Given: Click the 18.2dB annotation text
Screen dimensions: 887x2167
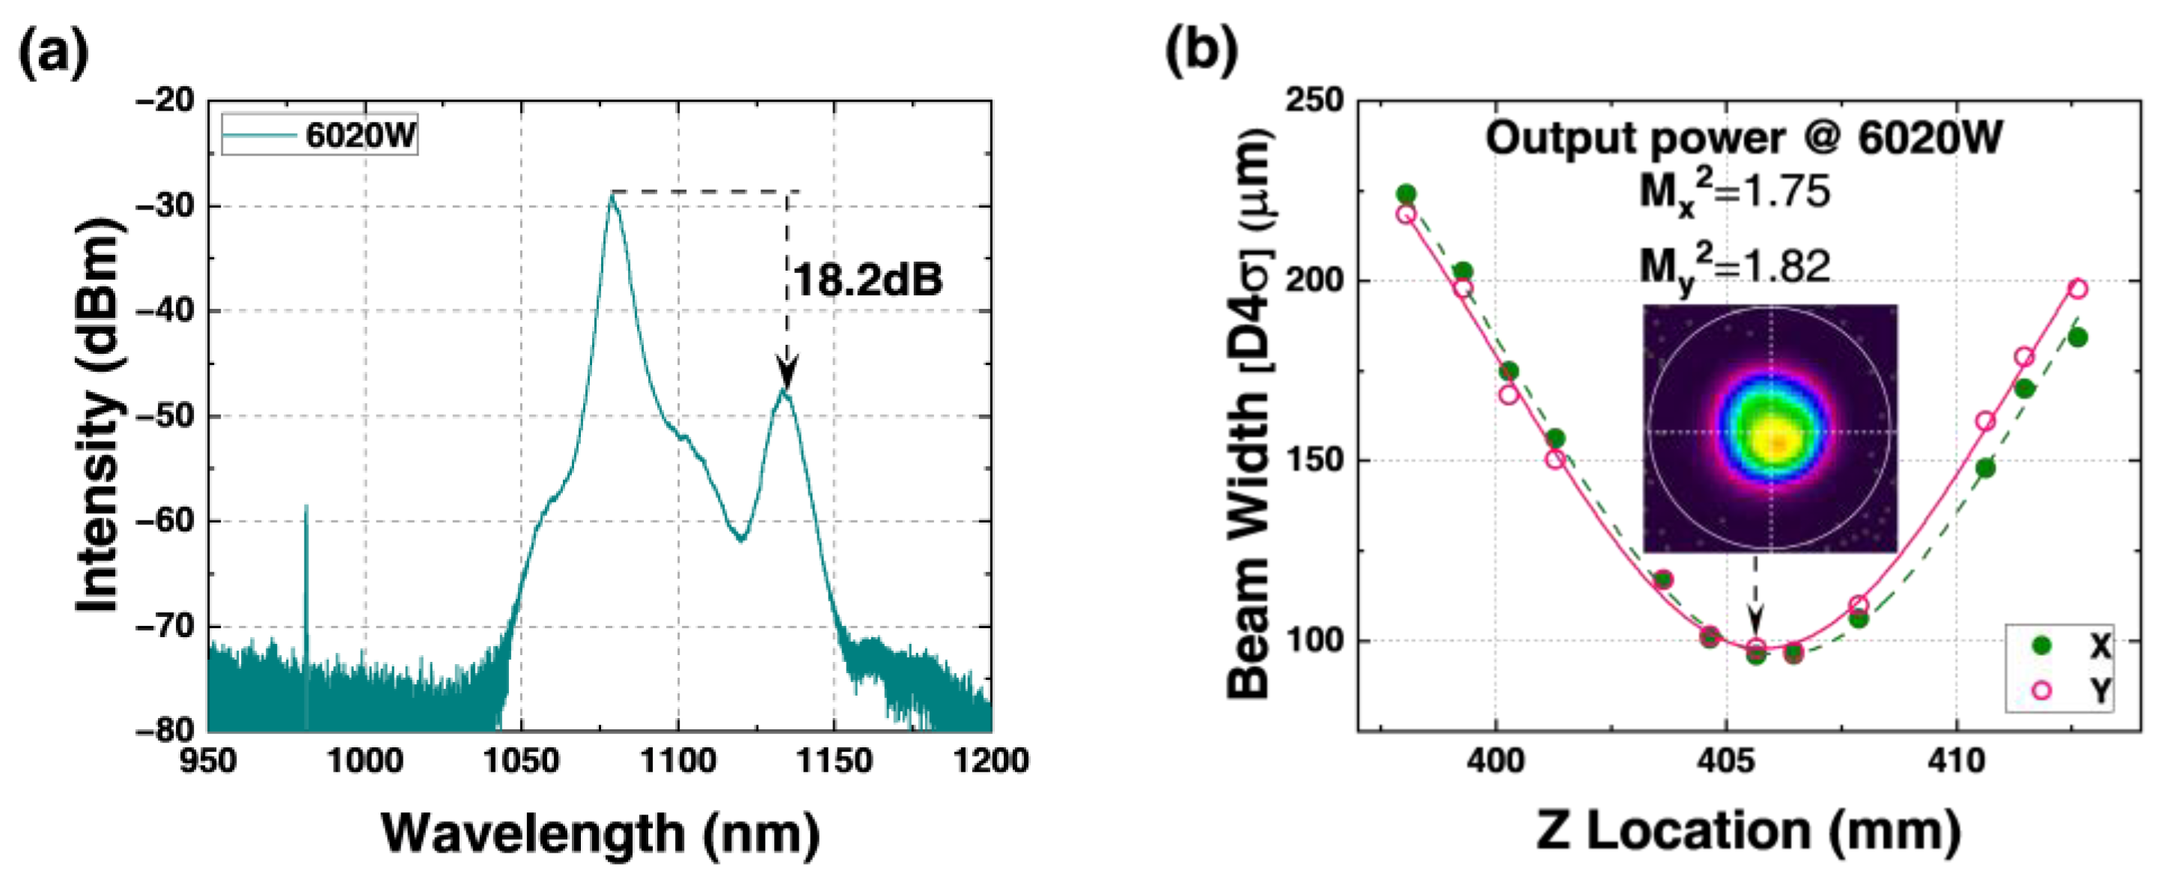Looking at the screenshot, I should pyautogui.click(x=868, y=279).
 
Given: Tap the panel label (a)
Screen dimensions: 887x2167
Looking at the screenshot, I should pyautogui.click(x=52, y=52).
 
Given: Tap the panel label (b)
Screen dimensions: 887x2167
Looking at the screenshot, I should pyautogui.click(x=1201, y=52).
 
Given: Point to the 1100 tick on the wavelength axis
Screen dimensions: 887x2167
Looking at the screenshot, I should pyautogui.click(x=677, y=761).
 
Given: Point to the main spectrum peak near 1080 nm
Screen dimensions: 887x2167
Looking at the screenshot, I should pyautogui.click(x=612, y=195).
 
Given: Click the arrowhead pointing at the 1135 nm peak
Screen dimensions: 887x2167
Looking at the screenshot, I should pyautogui.click(x=787, y=373).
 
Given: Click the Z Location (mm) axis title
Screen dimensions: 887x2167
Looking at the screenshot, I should pyautogui.click(x=1748, y=832).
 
